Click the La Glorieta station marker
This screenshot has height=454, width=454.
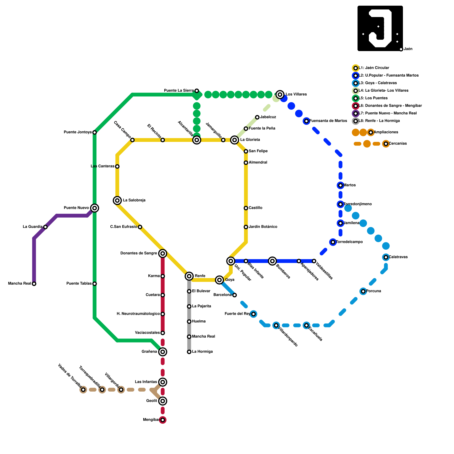(234, 140)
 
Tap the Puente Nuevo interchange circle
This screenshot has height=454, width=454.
(95, 208)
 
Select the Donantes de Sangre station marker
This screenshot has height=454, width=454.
(163, 253)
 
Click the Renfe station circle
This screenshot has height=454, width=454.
(189, 276)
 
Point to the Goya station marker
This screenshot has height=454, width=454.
(219, 280)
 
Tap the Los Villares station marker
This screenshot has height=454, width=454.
(280, 94)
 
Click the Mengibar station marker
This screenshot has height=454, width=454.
(163, 420)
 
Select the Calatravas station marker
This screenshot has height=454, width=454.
(386, 257)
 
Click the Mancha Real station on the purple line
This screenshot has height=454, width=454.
(34, 284)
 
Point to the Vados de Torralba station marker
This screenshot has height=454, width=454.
(83, 390)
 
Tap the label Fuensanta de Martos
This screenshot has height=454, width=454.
(328, 121)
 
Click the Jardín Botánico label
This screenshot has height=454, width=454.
(263, 227)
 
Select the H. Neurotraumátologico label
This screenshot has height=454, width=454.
(138, 314)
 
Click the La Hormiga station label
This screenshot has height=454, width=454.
(202, 352)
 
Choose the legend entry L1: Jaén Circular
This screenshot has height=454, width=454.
(374, 68)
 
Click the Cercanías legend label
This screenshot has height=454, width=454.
(398, 144)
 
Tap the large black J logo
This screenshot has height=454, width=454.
(380, 28)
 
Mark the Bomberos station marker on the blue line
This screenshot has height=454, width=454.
(272, 261)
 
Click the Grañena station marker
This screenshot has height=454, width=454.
(163, 352)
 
